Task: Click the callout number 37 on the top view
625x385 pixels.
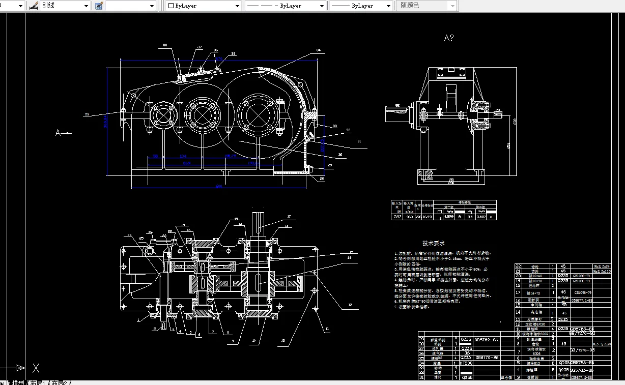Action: tap(200, 47)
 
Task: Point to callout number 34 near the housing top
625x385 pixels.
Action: tap(318, 50)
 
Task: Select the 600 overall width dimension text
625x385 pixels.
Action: tap(219, 187)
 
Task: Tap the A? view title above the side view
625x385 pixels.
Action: tap(448, 38)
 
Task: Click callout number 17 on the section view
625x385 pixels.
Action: tap(289, 217)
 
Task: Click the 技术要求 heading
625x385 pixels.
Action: tap(434, 244)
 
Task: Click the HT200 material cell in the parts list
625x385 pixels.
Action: tap(466, 364)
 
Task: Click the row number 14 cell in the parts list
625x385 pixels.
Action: tap(518, 312)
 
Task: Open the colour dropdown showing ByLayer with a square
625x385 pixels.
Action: tap(204, 6)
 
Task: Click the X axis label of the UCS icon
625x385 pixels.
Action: tap(36, 368)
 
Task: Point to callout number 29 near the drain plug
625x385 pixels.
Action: tap(330, 165)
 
